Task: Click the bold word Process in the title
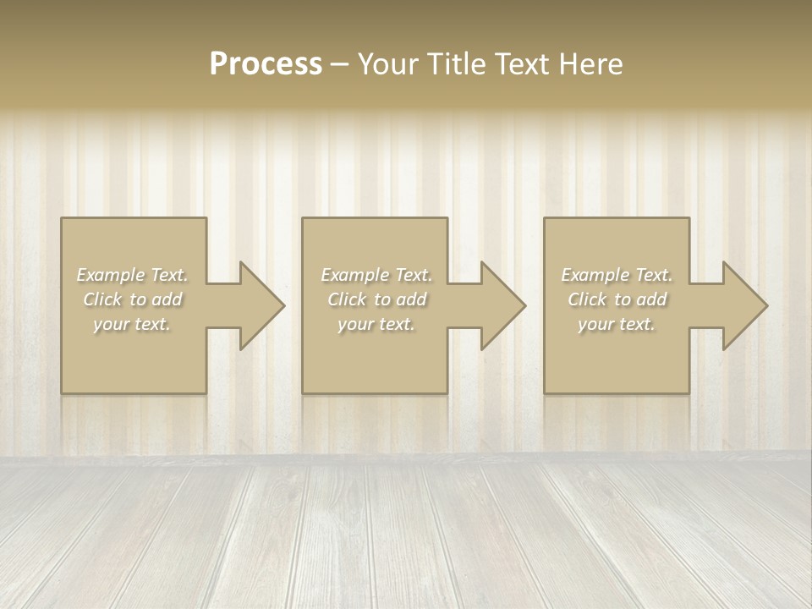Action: click(266, 64)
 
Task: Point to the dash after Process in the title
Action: click(340, 65)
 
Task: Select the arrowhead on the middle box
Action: click(502, 305)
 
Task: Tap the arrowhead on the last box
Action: click(744, 305)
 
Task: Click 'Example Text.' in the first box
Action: click(133, 275)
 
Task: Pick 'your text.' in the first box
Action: click(133, 324)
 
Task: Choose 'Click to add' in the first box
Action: click(133, 299)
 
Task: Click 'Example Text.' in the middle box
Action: click(376, 275)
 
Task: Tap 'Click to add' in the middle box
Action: click(376, 299)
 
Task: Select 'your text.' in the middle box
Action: click(376, 324)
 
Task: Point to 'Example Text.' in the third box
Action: click(617, 275)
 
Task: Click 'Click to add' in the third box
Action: click(617, 299)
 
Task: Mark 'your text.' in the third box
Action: click(617, 324)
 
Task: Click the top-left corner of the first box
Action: click(62, 219)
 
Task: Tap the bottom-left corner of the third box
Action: click(545, 392)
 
